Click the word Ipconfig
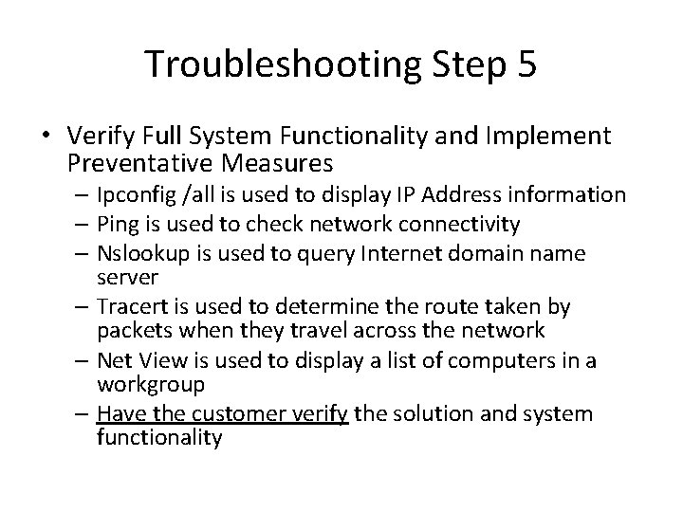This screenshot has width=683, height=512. pyautogui.click(x=130, y=195)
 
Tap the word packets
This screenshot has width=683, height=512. pyautogui.click(x=130, y=331)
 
